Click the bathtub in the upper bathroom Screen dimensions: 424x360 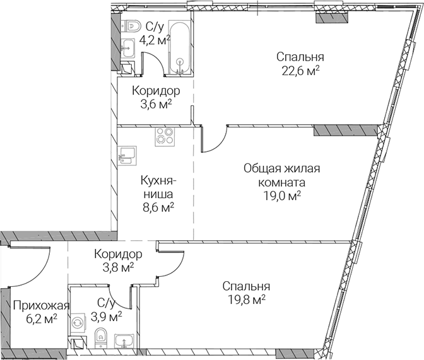point(180,47)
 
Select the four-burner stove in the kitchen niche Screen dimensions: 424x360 point(165,137)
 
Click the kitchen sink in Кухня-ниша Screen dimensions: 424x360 point(127,156)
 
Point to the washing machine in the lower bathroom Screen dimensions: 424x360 point(78,323)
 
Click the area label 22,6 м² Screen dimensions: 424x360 point(301,71)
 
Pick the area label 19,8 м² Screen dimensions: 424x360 point(246,299)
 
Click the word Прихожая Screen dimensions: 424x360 point(42,306)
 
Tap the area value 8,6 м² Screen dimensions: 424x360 point(158,208)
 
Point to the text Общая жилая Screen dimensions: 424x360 point(282,168)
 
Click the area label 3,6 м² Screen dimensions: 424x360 point(156,104)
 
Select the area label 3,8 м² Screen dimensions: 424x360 point(118,267)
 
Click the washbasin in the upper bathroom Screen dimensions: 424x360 point(127,48)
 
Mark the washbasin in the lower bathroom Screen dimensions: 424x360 point(124,340)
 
